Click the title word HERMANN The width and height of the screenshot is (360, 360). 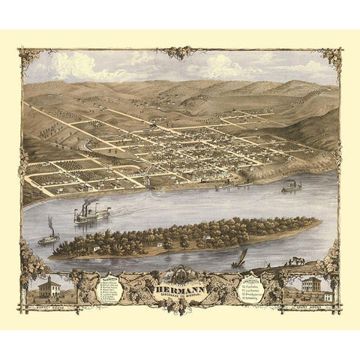click(180, 288)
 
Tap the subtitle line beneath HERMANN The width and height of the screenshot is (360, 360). click(180, 297)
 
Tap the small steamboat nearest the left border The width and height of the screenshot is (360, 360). click(49, 238)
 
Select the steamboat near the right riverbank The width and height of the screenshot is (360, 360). click(292, 187)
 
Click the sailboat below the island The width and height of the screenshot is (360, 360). click(239, 259)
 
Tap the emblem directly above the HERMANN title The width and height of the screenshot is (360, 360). click(180, 274)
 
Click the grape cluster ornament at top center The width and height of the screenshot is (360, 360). click(180, 53)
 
